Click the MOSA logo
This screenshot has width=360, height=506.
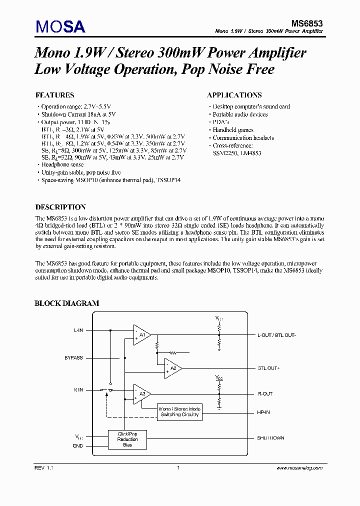(60, 25)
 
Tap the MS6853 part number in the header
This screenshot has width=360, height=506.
(307, 23)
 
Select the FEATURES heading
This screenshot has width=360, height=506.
(55, 95)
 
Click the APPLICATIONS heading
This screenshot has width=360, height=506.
(234, 95)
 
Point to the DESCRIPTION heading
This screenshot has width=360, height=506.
(60, 207)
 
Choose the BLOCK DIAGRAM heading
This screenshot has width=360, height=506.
(66, 303)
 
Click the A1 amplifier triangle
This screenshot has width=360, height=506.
(141, 334)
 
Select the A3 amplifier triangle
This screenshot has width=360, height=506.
(141, 394)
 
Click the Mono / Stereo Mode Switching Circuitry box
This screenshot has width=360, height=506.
(179, 411)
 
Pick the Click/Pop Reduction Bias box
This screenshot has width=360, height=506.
(127, 439)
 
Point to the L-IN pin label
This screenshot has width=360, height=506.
(78, 330)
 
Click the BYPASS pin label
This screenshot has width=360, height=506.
(73, 358)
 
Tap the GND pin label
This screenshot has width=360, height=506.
(77, 445)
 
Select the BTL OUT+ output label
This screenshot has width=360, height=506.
(269, 368)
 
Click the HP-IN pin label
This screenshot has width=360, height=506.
(263, 413)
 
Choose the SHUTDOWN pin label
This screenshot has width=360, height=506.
(270, 438)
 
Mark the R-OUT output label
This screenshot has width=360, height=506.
(265, 394)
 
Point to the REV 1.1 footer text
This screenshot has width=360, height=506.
(43, 468)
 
